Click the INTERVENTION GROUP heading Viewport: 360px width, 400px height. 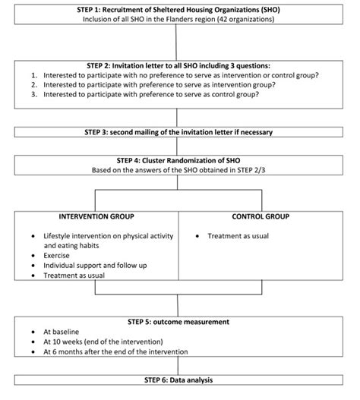pos(91,216)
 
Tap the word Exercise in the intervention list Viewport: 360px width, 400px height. pos(58,256)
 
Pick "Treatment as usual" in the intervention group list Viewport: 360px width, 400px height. pos(75,276)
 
